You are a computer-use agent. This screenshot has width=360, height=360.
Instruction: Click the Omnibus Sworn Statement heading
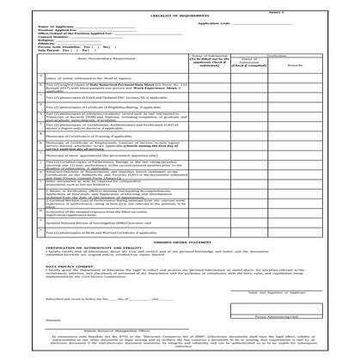[180, 242]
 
